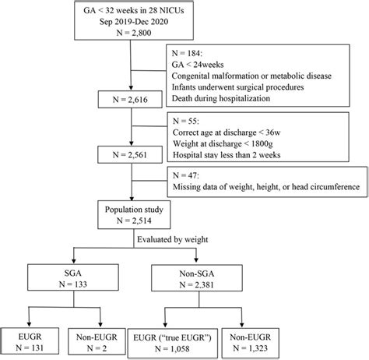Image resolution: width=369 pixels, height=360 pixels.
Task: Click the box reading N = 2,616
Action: [x=130, y=99]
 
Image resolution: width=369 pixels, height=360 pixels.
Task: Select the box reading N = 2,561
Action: [x=130, y=154]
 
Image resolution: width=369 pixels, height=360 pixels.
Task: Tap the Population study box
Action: [x=134, y=214]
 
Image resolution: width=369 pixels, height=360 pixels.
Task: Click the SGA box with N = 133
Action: [x=73, y=277]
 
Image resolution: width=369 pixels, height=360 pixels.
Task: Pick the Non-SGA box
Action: [x=197, y=278]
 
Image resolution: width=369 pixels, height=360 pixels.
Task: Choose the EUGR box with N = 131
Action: [x=30, y=341]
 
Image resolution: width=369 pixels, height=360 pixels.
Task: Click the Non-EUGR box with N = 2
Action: [x=97, y=341]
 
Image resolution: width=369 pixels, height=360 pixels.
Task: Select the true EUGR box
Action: [x=172, y=343]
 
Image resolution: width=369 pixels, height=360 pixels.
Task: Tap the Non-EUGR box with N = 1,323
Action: [x=251, y=343]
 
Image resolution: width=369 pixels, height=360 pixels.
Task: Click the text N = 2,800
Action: [x=134, y=33]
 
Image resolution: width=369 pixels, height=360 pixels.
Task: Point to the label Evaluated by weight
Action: [x=173, y=239]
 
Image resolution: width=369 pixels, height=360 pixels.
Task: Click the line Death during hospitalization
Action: [x=221, y=98]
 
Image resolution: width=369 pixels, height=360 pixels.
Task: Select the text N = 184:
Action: [x=187, y=53]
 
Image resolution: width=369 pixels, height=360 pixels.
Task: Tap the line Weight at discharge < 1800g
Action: [x=223, y=143]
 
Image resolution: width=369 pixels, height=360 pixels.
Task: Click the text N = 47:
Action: [x=186, y=175]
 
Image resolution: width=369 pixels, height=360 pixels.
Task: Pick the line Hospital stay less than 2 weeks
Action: [x=227, y=155]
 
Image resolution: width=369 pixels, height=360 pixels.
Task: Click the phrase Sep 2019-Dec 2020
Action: [x=134, y=21]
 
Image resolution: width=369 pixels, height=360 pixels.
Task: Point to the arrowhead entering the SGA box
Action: [x=74, y=260]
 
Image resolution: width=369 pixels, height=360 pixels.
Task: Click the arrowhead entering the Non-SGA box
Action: [x=196, y=260]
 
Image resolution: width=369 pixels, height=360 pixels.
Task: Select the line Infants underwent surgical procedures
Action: [x=237, y=87]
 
